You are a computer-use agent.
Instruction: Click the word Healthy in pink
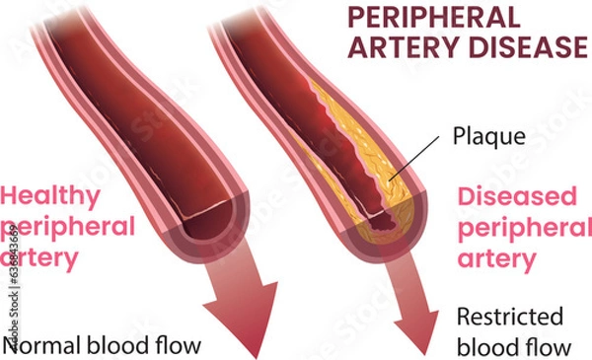point(50,195)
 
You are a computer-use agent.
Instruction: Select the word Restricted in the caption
point(509,318)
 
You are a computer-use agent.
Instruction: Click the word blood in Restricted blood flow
point(484,346)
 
